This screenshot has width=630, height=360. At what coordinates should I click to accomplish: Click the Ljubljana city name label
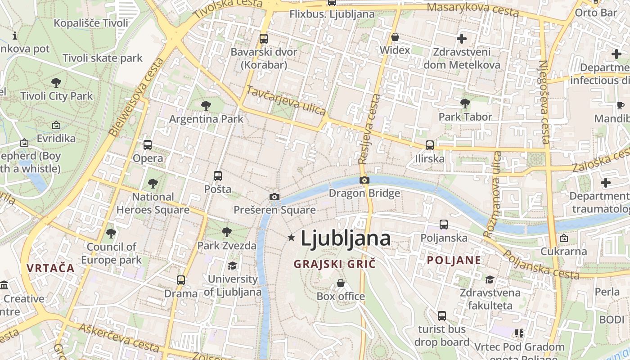coord(345,238)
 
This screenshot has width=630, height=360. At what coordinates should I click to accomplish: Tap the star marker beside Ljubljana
coord(292,237)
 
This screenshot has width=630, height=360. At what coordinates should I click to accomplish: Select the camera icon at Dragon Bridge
coord(364,180)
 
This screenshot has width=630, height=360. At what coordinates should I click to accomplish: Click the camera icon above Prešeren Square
coord(274,197)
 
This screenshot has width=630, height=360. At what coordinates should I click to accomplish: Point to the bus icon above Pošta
coord(218,176)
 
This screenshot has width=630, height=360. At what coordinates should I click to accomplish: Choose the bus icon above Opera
coord(148,145)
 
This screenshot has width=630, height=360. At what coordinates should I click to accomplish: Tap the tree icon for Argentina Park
coord(206,106)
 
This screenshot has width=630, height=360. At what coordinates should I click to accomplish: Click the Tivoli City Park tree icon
coord(56,83)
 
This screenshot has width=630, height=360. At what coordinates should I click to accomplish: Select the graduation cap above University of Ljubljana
coord(232,266)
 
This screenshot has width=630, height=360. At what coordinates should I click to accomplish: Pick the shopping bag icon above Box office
coord(341,283)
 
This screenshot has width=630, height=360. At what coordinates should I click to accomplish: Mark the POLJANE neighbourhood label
coord(454,260)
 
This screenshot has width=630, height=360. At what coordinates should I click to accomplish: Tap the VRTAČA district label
coord(50,268)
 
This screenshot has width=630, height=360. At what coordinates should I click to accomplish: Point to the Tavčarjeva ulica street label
coord(286,101)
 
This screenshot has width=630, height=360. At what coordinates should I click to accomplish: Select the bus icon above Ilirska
coord(430,145)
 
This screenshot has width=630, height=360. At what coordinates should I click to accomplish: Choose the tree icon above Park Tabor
coord(465,103)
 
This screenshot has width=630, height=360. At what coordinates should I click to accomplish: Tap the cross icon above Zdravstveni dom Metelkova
coord(462,39)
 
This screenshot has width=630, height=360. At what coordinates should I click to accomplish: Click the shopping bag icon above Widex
coord(395,37)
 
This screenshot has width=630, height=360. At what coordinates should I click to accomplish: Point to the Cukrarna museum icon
coord(563,238)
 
